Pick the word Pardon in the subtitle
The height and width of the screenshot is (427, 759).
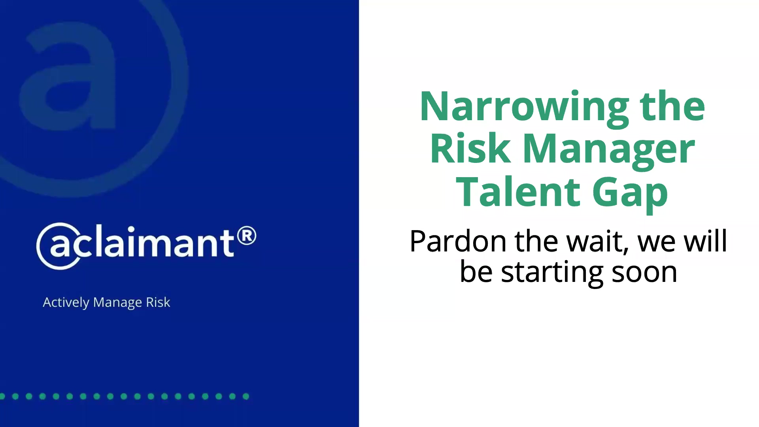pyautogui.click(x=458, y=241)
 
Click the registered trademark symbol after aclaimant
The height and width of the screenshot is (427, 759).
pyautogui.click(x=247, y=236)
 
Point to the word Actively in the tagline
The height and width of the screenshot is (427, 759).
pyautogui.click(x=66, y=302)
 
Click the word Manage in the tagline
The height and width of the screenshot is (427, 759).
pyautogui.click(x=117, y=302)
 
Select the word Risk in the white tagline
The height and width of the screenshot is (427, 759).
pyautogui.click(x=158, y=302)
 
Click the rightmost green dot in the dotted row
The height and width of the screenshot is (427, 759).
pyautogui.click(x=246, y=396)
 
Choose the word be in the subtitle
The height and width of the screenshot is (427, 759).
pyautogui.click(x=476, y=272)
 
